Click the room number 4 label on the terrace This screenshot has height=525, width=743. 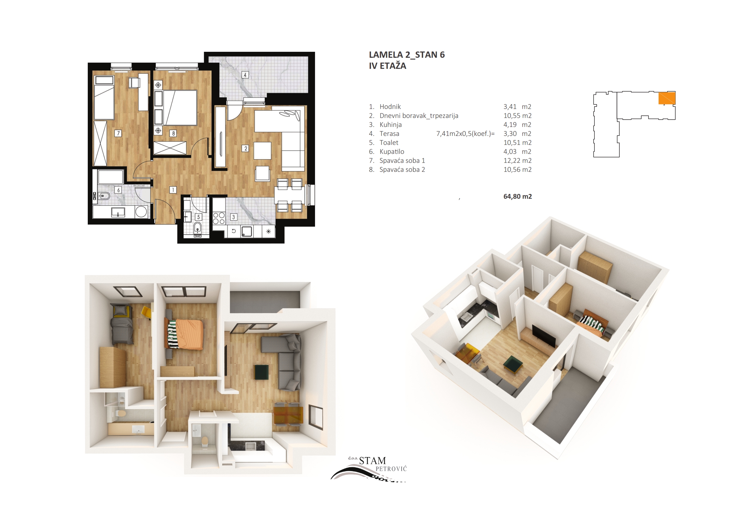[x=245, y=75]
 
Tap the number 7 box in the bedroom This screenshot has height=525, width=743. [x=118, y=133]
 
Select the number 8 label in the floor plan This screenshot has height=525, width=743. [x=173, y=133]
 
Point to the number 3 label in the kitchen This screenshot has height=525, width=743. [x=233, y=217]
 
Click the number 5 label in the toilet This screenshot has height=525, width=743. [x=198, y=217]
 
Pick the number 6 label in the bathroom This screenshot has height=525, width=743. [x=118, y=190]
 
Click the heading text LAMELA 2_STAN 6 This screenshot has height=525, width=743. [x=407, y=55]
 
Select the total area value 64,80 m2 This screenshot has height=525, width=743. [x=517, y=196]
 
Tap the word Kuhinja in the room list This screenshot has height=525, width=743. [x=391, y=125]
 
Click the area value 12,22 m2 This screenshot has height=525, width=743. [x=517, y=160]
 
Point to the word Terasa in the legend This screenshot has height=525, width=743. [x=389, y=133]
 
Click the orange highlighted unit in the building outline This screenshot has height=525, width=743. [x=667, y=98]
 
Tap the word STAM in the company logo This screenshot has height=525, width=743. [x=373, y=461]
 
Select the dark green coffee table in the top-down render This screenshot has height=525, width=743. [x=262, y=372]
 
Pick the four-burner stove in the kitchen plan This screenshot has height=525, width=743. [x=219, y=218]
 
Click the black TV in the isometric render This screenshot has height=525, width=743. [x=544, y=336]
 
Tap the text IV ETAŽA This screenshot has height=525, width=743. [x=387, y=66]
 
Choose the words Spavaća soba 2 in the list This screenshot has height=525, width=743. [x=402, y=169]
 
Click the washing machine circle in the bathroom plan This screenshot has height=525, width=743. [x=141, y=212]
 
